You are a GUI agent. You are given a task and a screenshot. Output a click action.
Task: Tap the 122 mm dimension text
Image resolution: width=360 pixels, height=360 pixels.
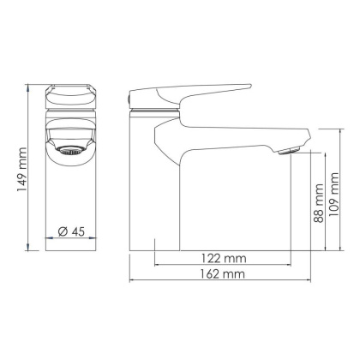tap(224, 257)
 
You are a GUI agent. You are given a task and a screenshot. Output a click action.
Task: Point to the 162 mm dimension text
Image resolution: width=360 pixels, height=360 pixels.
tap(223, 275)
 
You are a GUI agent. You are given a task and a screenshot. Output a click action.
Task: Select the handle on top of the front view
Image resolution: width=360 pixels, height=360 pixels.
tap(71, 93)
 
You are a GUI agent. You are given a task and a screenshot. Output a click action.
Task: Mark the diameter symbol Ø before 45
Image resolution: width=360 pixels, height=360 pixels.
tap(61, 231)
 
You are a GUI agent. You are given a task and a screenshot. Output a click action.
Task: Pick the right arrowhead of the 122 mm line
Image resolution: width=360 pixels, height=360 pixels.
tap(292, 266)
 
